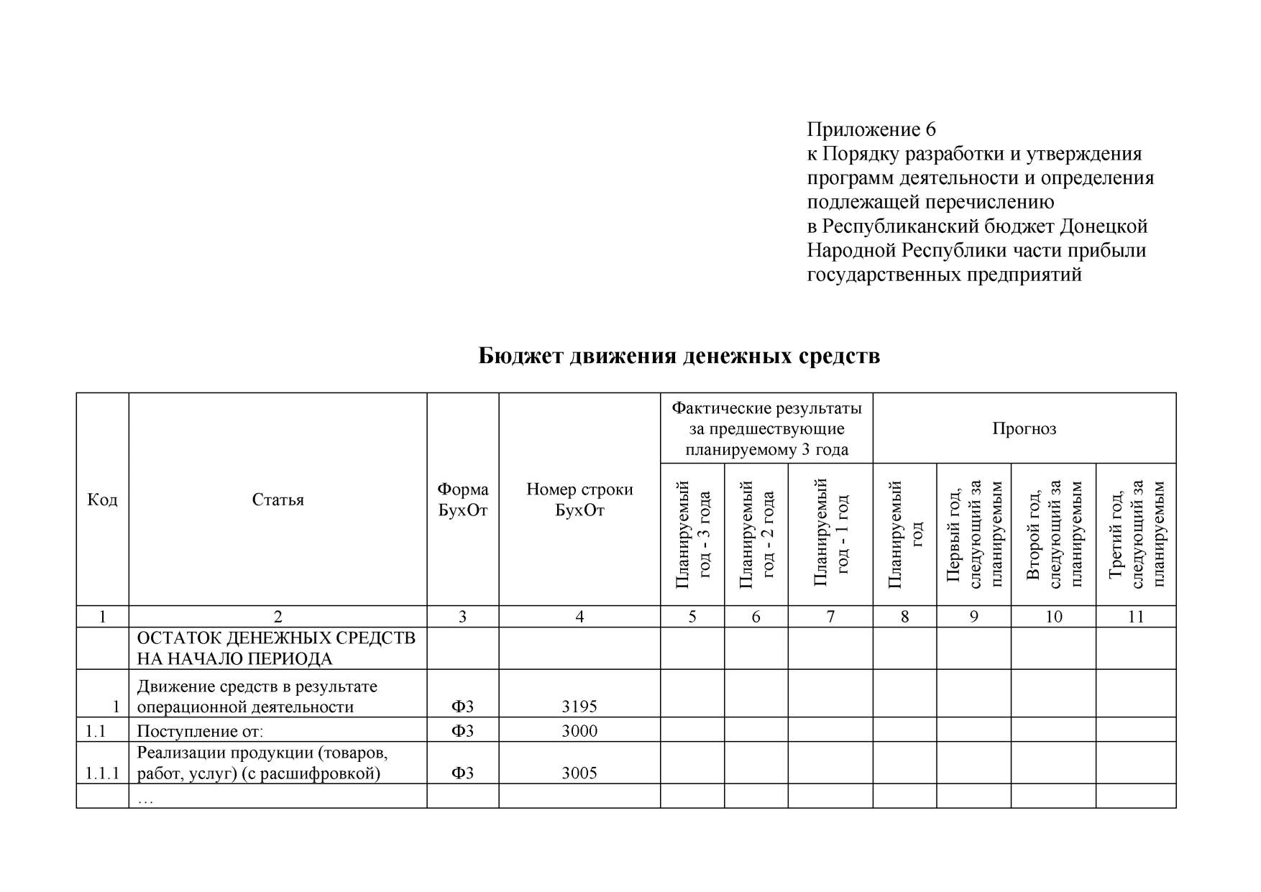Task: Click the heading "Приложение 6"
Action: (x=871, y=129)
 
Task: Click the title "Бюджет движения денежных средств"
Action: (x=679, y=356)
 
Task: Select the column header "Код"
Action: (x=102, y=500)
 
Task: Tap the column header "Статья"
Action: (x=278, y=500)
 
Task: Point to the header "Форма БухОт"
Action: (x=462, y=500)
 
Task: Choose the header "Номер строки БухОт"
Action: (x=579, y=500)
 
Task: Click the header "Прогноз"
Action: (x=1024, y=429)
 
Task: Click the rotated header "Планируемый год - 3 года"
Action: (x=692, y=534)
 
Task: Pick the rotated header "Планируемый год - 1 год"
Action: (x=830, y=534)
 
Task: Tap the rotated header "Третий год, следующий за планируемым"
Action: (x=1136, y=534)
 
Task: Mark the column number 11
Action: (x=1135, y=617)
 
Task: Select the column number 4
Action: (x=579, y=617)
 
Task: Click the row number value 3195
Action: (x=579, y=707)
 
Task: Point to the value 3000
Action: (x=579, y=731)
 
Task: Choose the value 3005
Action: (x=579, y=773)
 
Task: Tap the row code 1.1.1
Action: (x=102, y=773)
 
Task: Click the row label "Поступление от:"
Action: (x=200, y=731)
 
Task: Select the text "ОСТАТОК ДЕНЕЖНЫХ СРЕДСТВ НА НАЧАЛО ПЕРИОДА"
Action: (x=276, y=648)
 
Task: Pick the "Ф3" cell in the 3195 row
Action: (x=462, y=707)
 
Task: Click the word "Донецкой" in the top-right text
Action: (x=1104, y=226)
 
